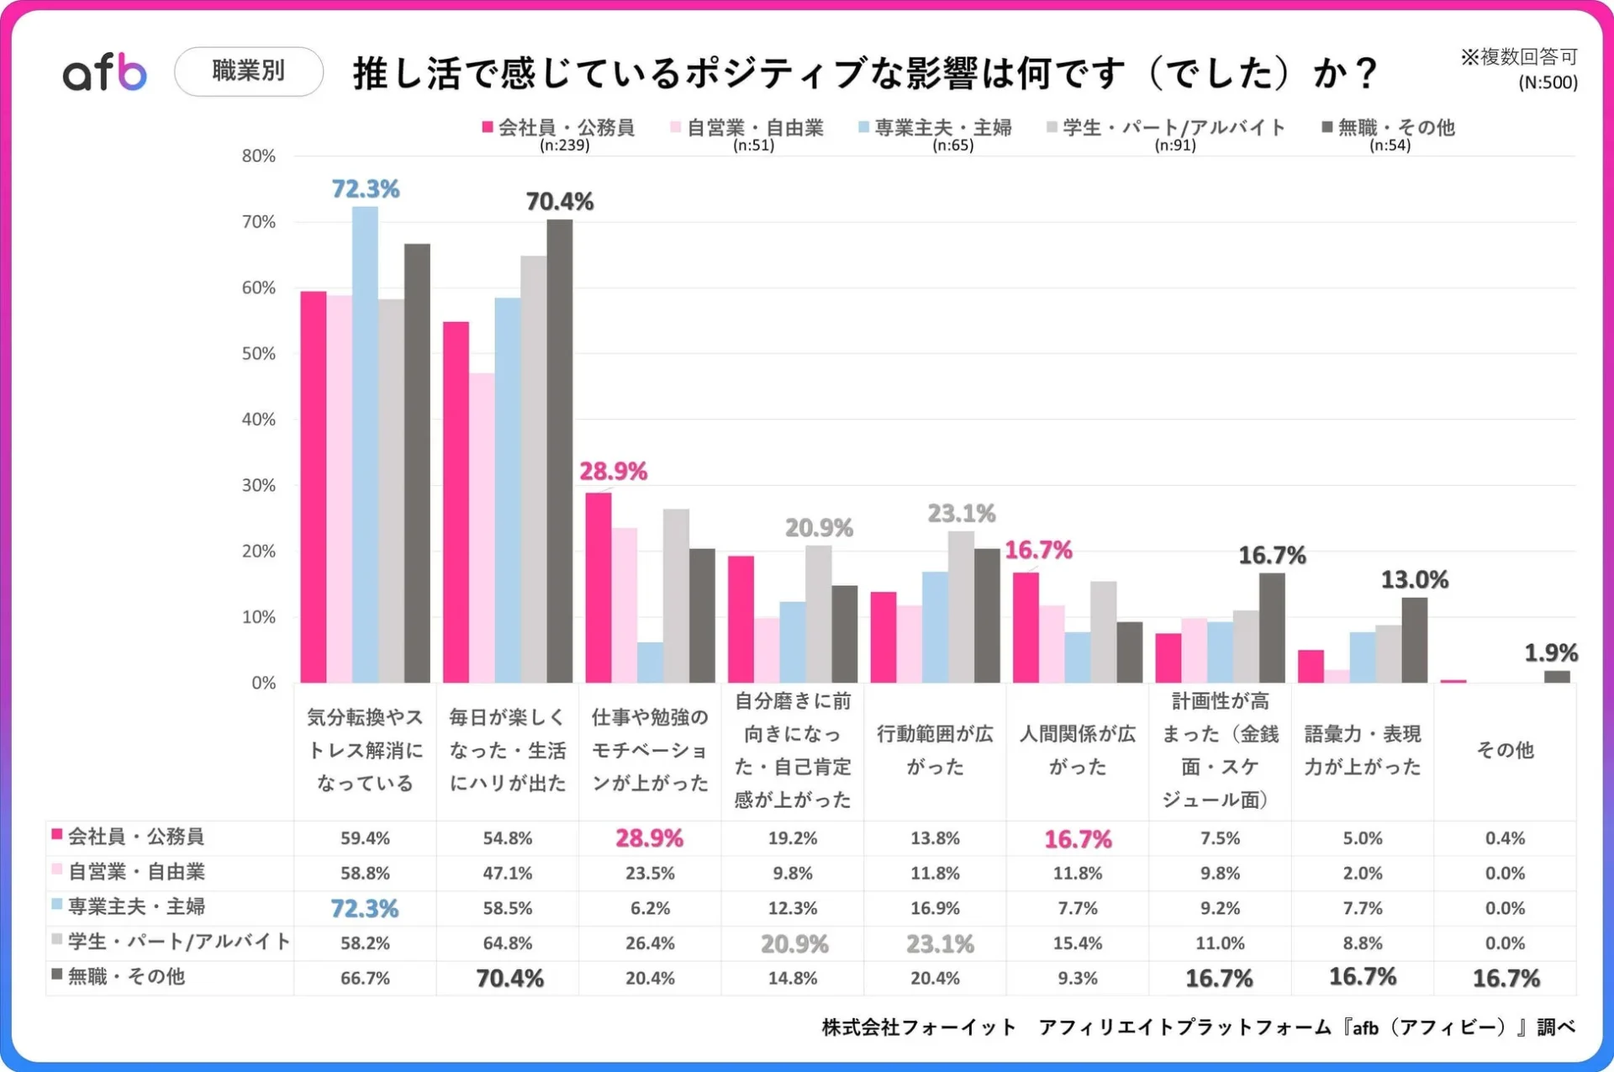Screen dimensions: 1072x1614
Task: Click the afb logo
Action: click(105, 72)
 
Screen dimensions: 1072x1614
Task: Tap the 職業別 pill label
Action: click(248, 71)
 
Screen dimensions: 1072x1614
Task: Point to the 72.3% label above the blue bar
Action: click(365, 189)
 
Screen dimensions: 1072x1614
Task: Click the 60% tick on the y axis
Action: click(258, 288)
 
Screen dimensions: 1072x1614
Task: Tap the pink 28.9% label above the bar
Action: click(613, 472)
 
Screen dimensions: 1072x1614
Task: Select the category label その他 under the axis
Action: click(1505, 750)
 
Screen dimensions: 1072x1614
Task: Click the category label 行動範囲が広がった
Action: click(935, 750)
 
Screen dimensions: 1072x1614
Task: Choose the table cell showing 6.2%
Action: click(650, 908)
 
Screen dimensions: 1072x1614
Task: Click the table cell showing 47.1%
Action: click(507, 873)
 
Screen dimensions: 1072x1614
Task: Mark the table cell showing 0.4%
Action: click(1505, 838)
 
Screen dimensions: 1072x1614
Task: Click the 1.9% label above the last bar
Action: click(1550, 652)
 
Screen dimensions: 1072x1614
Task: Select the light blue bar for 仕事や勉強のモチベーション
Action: click(650, 663)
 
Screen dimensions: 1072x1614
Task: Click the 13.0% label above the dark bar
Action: click(1414, 580)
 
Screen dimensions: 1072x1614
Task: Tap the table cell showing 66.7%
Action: click(365, 978)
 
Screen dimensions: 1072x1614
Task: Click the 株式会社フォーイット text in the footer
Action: click(918, 1027)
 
